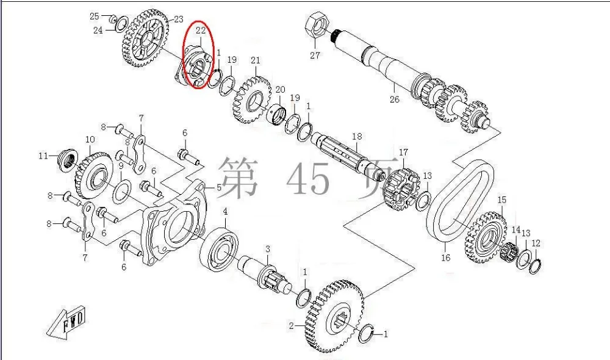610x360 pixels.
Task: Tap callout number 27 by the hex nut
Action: coord(314,56)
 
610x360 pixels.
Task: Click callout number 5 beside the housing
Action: coord(219,187)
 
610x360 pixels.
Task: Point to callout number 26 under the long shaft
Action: coord(394,99)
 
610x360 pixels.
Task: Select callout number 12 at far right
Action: coord(536,243)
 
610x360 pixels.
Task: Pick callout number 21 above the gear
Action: coord(255,60)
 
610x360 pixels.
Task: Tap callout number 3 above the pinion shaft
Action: coord(267,249)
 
